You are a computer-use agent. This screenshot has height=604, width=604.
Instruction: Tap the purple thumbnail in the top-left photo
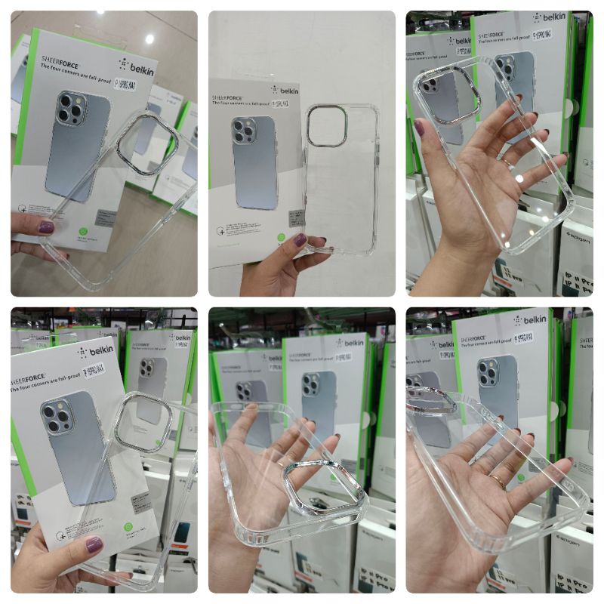(46, 226)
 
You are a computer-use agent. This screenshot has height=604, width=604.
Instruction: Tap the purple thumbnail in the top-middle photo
(300, 240)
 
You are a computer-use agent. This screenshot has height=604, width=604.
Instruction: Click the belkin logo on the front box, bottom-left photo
(97, 351)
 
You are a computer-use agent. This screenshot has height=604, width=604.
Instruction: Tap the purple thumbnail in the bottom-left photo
(94, 544)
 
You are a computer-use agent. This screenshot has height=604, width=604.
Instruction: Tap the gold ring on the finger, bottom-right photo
(498, 479)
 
